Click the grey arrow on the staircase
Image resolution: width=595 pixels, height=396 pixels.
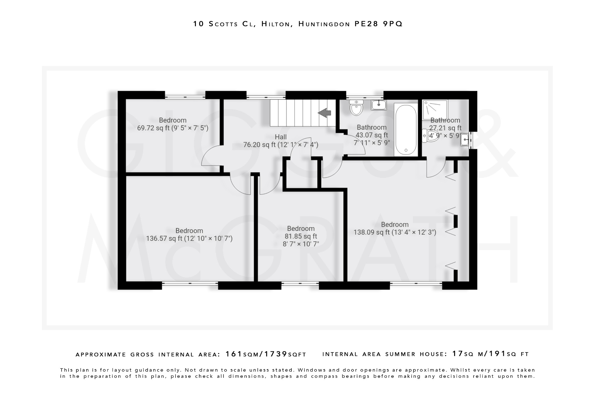[x=325, y=113]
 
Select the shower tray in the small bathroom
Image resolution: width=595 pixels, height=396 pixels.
[x=435, y=109]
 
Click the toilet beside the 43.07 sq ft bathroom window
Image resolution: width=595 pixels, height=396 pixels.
[x=356, y=108]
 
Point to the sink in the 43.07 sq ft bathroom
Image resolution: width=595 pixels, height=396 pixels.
[x=379, y=105]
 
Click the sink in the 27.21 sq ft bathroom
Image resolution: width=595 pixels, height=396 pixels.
[x=465, y=140]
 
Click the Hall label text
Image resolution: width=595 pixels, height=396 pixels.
[x=281, y=137]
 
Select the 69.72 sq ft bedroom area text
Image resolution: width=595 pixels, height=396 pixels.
[x=173, y=128]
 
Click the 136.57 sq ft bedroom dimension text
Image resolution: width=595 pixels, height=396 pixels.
[x=189, y=239]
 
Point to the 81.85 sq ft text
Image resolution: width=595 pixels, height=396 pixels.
[x=301, y=236]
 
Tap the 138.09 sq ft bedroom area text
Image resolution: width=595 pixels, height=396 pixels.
[x=395, y=232]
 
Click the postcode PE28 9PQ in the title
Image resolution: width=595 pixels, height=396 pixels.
[x=378, y=24]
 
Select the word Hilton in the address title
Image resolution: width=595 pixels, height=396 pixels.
[x=276, y=24]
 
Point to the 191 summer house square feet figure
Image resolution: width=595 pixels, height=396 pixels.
[x=498, y=354]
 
